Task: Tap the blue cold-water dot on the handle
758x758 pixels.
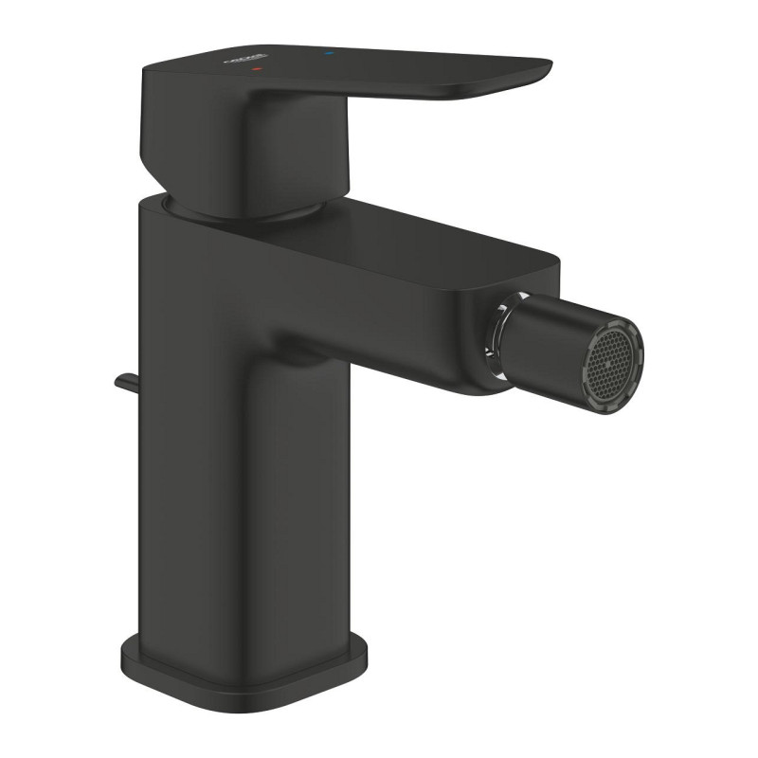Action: [328, 57]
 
